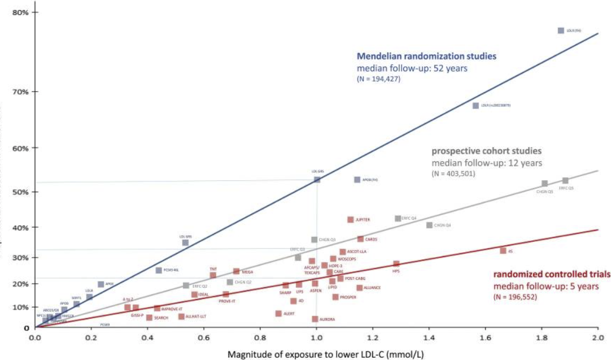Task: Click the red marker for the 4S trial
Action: tap(503, 250)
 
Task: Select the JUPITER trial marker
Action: tap(351, 220)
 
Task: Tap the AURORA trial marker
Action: tap(315, 319)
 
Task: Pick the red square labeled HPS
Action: tap(396, 264)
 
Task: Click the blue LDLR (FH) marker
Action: tap(561, 31)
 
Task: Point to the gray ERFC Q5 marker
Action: tap(565, 181)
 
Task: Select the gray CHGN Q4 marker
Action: tap(429, 225)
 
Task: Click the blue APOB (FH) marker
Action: tap(357, 180)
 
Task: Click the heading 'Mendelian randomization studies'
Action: tap(426, 57)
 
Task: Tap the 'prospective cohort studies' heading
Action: tap(487, 151)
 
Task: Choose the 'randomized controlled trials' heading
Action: tap(552, 274)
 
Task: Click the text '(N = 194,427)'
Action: tap(378, 79)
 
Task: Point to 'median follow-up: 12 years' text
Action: tap(487, 163)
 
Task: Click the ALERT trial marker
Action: tap(278, 314)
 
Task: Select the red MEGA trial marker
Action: tap(236, 272)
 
